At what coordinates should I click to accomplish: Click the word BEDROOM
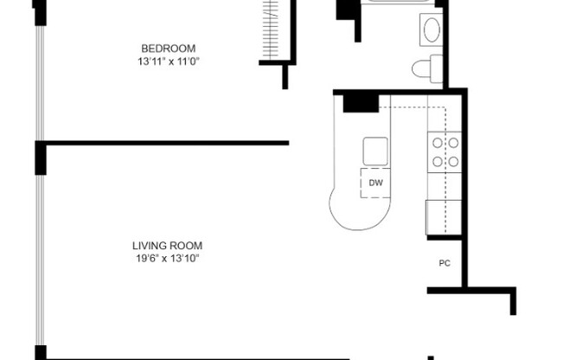[169, 48]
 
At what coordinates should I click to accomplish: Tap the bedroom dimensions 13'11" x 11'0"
[169, 61]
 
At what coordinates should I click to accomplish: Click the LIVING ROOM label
[168, 246]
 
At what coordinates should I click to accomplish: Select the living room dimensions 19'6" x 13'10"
[168, 258]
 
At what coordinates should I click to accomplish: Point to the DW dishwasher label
[375, 183]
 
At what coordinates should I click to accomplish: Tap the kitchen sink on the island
[375, 151]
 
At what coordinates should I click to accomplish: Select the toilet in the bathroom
[426, 67]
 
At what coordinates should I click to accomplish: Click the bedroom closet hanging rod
[272, 30]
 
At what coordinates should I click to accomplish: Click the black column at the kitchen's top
[361, 102]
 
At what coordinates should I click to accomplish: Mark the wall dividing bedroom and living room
[164, 144]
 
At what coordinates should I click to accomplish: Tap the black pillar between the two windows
[40, 157]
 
